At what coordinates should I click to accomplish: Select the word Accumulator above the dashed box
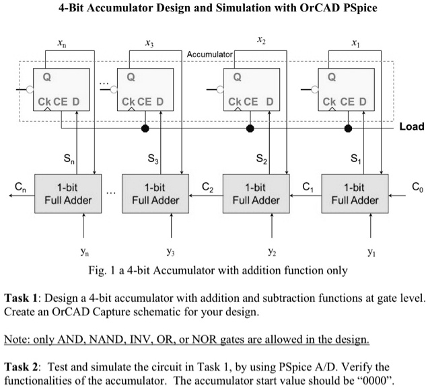click(x=209, y=53)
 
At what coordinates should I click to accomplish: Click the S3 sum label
click(x=153, y=160)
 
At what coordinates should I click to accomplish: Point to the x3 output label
click(x=149, y=42)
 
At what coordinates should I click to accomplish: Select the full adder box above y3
click(x=154, y=194)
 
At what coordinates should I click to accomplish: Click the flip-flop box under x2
click(x=254, y=88)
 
